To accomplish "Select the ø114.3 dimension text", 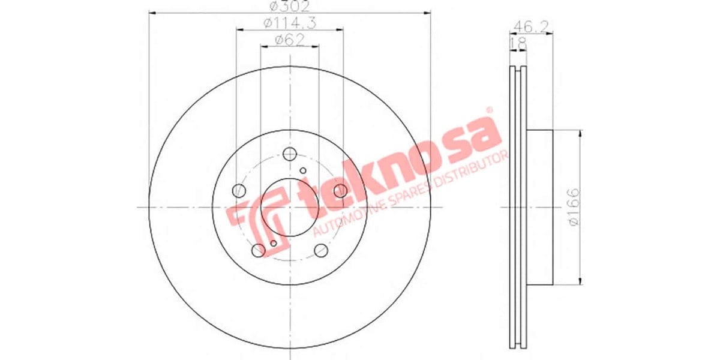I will point(289,23).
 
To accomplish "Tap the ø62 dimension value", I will point(289,40).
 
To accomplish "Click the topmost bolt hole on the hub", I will point(290,153).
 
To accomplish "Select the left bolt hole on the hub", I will point(239,191).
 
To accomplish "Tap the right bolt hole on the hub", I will point(340,191).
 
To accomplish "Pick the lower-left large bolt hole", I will point(259,250).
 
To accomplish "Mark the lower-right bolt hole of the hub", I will point(320,250).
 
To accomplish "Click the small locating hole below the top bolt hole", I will point(303,171).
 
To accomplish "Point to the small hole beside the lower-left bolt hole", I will point(274,243).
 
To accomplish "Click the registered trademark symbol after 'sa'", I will point(488,110).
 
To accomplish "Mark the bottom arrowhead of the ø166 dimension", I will point(580,281).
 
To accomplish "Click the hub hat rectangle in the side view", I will point(539,207).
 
